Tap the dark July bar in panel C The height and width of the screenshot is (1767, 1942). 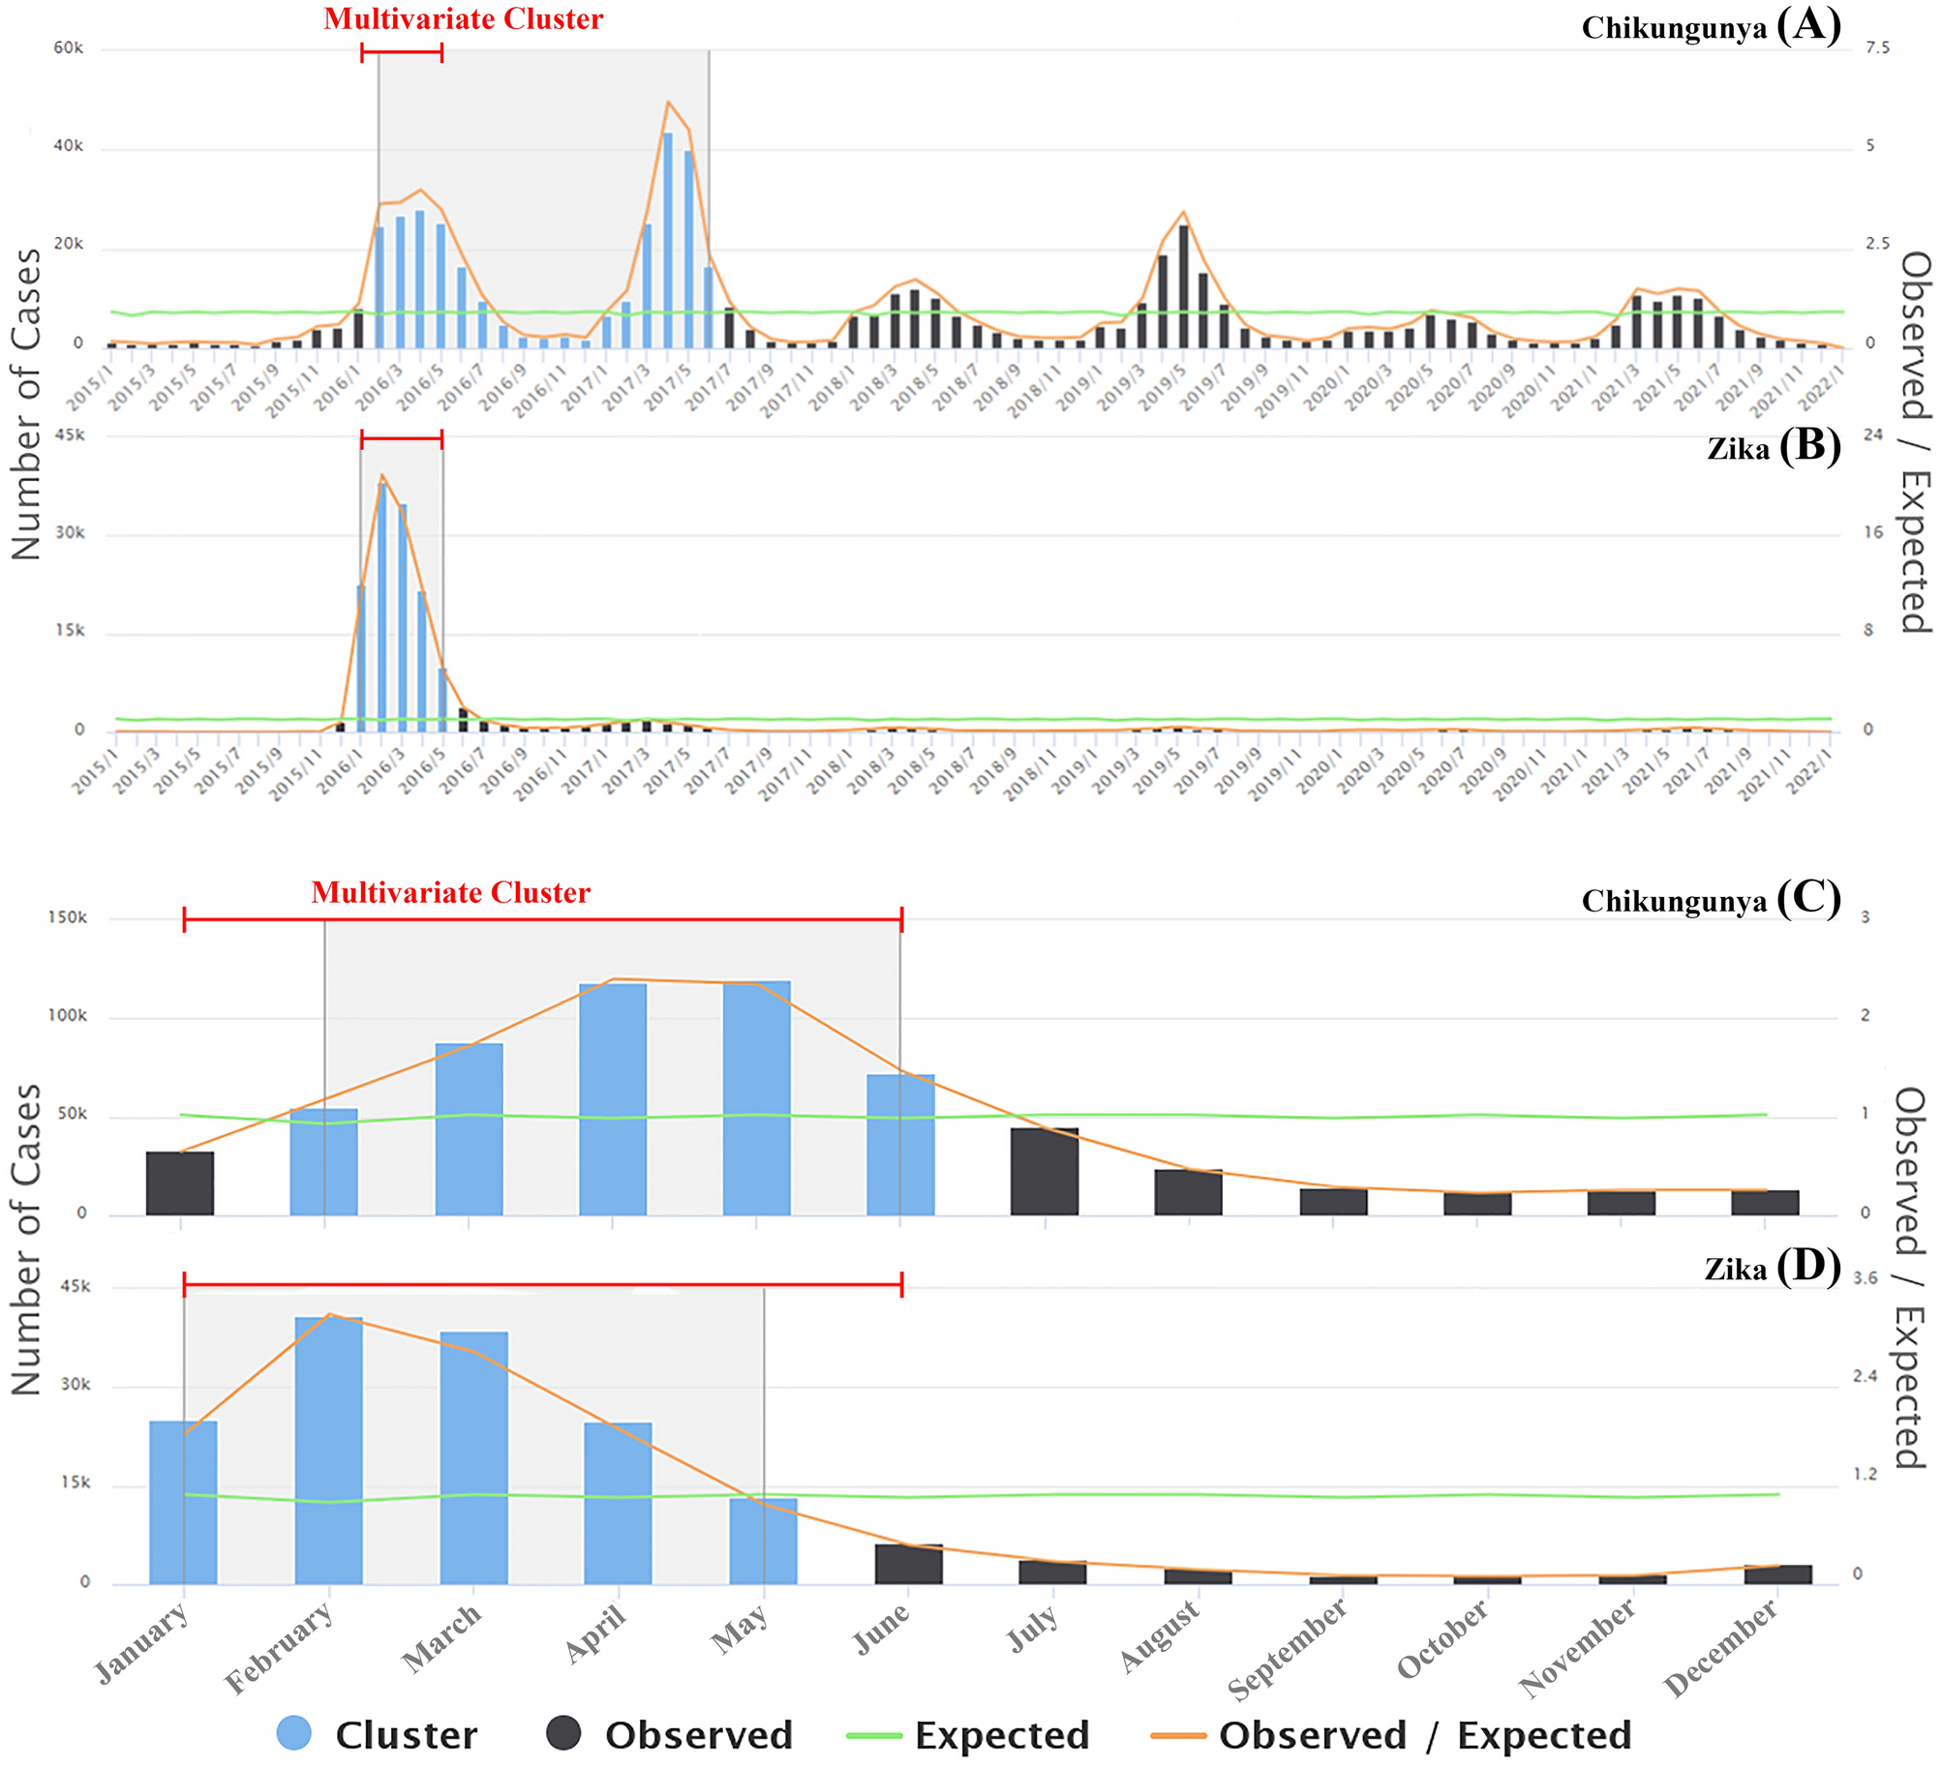(1045, 1170)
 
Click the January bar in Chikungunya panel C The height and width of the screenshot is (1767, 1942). (180, 1183)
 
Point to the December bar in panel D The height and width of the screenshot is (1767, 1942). (1777, 1572)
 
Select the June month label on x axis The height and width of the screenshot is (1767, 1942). (882, 1629)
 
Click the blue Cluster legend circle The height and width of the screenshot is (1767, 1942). (294, 1732)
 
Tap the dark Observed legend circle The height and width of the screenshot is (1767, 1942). (563, 1732)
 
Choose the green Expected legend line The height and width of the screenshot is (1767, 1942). (874, 1735)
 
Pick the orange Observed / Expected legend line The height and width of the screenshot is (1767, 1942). (1178, 1735)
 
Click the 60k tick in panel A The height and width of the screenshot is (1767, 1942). (68, 48)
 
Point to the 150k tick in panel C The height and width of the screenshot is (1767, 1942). (68, 917)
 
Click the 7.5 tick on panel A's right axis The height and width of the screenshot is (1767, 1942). (1877, 48)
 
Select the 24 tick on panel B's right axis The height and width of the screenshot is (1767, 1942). (1873, 434)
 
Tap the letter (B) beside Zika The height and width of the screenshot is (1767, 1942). (1809, 446)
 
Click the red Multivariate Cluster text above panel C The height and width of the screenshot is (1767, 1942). (450, 892)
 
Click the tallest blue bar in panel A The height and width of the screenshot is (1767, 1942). (667, 240)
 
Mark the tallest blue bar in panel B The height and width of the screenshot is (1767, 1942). (382, 607)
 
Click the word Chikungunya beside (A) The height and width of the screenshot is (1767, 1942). (1674, 29)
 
